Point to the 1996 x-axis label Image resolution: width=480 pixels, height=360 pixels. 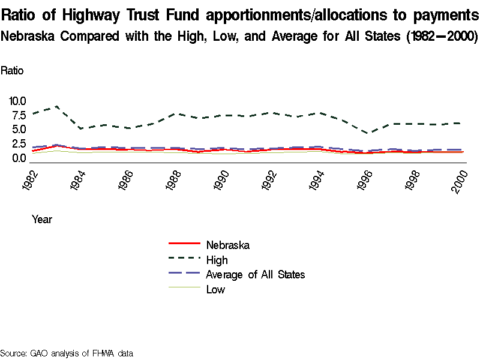point(363,181)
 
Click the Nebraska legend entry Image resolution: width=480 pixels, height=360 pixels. point(227,245)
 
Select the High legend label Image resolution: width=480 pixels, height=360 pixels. point(217,260)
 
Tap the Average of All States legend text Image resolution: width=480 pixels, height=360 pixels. point(255,275)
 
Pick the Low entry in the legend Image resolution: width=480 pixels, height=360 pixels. point(215,290)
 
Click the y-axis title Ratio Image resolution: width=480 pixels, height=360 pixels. point(12,70)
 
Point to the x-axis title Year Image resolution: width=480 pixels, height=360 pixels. point(41,220)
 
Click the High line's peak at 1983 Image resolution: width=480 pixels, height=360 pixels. point(56,106)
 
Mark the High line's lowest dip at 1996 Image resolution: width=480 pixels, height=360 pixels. point(369,133)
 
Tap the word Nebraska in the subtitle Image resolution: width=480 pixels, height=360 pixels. point(29,37)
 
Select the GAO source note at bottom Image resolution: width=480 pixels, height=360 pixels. point(66,353)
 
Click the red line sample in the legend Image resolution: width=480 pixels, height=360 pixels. point(184,244)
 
